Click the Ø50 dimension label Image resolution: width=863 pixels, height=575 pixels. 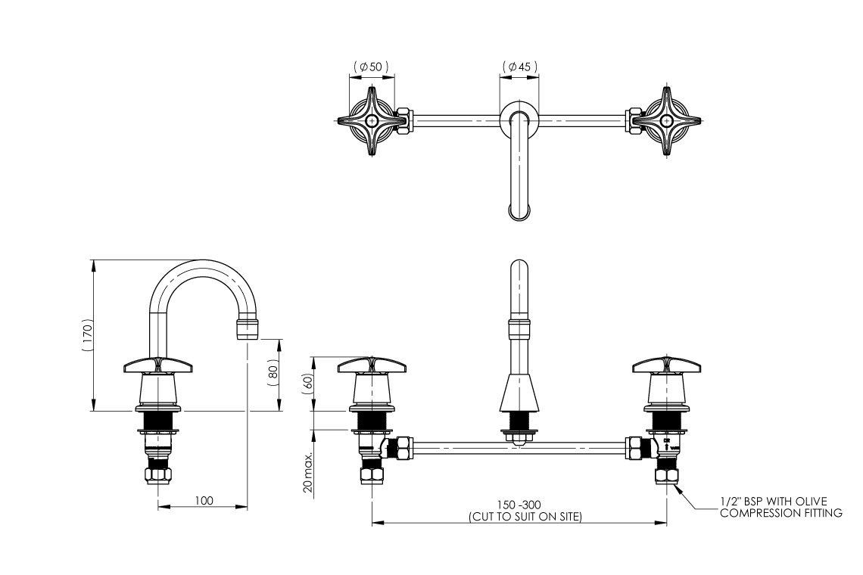click(371, 67)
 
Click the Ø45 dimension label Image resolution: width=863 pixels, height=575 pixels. click(519, 67)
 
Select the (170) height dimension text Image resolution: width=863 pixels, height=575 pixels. click(88, 335)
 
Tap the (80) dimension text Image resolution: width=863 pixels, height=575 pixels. click(273, 375)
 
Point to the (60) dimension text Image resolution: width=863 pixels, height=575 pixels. click(308, 381)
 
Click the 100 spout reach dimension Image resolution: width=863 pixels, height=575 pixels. click(204, 500)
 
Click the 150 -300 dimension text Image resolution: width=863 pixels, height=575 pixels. click(519, 505)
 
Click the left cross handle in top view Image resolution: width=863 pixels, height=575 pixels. click(371, 121)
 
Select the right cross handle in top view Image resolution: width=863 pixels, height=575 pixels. click(665, 120)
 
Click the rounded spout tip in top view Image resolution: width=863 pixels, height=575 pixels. click(519, 210)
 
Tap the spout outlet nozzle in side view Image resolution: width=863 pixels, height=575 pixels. click(248, 329)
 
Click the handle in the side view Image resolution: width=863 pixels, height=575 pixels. click(159, 365)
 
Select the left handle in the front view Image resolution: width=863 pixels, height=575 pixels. click(372, 366)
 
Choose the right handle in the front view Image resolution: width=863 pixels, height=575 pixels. click(666, 366)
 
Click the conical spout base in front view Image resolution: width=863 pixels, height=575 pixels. click(519, 393)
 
